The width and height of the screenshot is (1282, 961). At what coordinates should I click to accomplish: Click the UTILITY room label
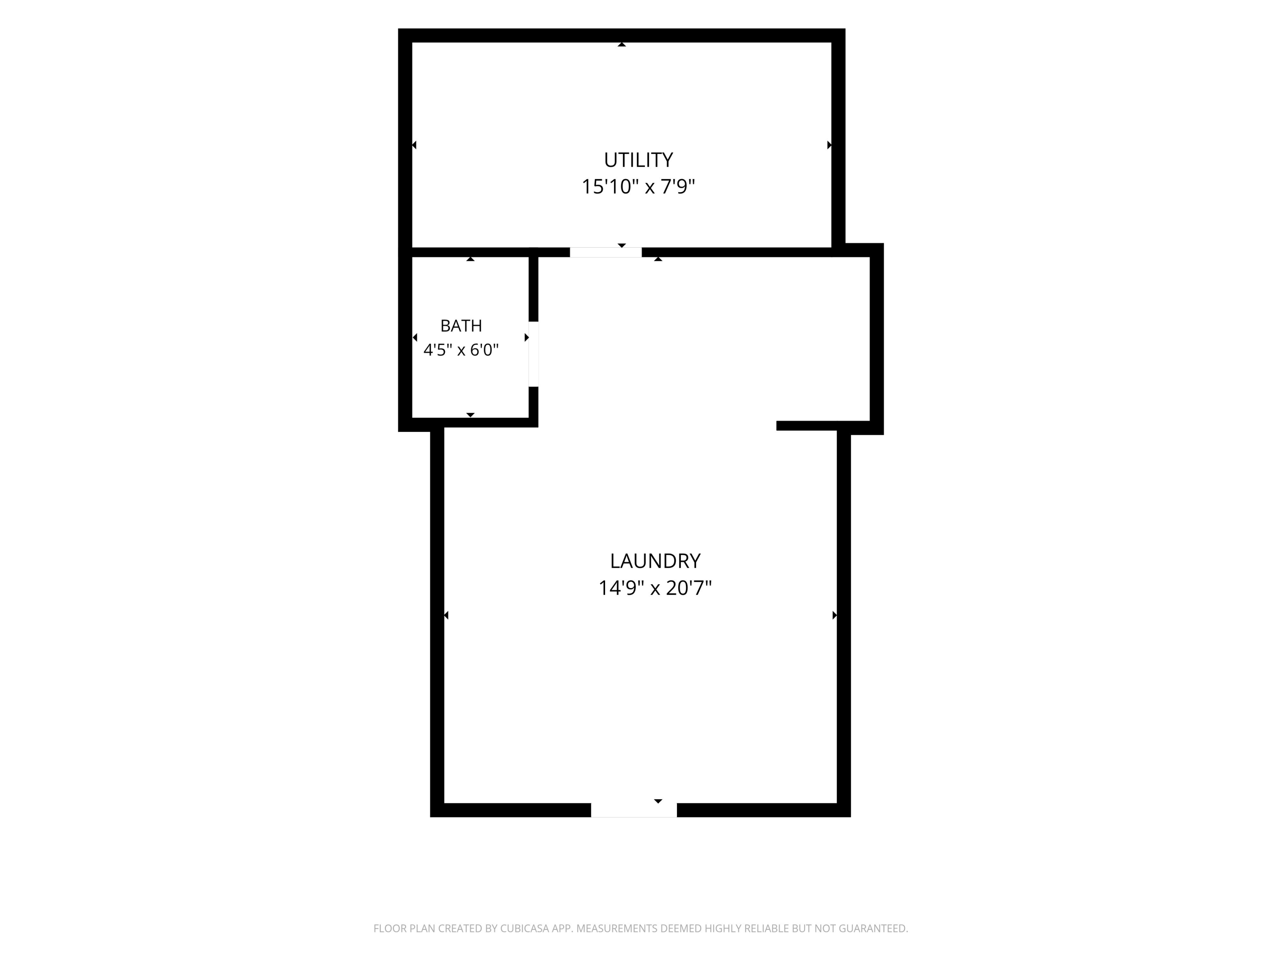[638, 159]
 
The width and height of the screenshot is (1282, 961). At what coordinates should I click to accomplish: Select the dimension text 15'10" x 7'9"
[638, 187]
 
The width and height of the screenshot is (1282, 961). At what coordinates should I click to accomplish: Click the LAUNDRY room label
[655, 561]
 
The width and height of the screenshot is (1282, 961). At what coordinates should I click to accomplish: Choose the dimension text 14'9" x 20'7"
[655, 588]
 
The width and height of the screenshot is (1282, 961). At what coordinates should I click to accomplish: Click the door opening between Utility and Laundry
[606, 252]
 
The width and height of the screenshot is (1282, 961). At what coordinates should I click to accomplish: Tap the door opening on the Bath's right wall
[533, 354]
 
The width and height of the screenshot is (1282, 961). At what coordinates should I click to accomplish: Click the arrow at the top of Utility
[622, 44]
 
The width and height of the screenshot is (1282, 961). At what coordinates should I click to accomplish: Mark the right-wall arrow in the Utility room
[829, 145]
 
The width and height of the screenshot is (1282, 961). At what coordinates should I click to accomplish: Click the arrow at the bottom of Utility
[622, 246]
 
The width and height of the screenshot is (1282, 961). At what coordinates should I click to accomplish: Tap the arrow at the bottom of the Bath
[470, 415]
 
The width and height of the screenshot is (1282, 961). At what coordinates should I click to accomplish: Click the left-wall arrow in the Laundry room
[446, 615]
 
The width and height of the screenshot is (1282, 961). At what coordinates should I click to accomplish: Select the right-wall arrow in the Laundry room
[835, 615]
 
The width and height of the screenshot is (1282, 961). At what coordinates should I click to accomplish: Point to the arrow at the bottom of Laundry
[658, 801]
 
